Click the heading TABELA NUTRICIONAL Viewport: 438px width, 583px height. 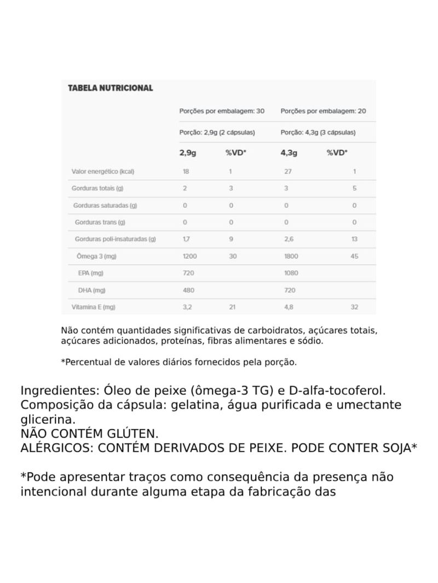[x=110, y=88]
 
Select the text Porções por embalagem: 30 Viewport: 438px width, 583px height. [x=222, y=111]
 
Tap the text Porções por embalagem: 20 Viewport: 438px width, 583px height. [x=323, y=111]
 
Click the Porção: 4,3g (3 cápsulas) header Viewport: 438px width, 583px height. [x=318, y=132]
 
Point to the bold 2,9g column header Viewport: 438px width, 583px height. [x=188, y=153]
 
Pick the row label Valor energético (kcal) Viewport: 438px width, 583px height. [x=103, y=172]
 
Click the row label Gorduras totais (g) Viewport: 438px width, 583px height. [x=97, y=188]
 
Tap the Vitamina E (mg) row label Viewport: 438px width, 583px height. [x=93, y=307]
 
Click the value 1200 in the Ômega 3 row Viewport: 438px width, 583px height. [x=189, y=256]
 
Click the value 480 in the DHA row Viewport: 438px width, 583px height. [x=188, y=290]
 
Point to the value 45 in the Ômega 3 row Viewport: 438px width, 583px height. [x=354, y=256]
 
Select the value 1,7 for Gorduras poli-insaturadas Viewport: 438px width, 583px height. [x=187, y=239]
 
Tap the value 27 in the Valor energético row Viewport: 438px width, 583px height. [x=288, y=172]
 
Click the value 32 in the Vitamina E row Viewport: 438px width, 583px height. [x=354, y=307]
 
